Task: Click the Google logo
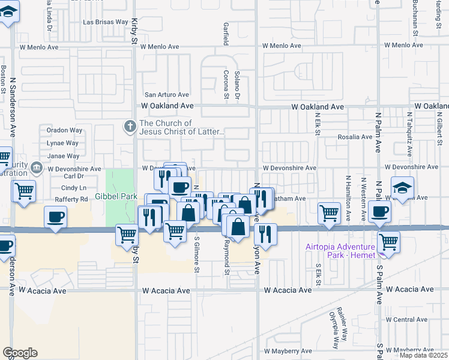[20, 353]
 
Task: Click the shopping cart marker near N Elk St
[329, 213]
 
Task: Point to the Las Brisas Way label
[105, 23]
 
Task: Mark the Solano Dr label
[237, 85]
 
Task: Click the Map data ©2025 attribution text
[423, 355]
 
